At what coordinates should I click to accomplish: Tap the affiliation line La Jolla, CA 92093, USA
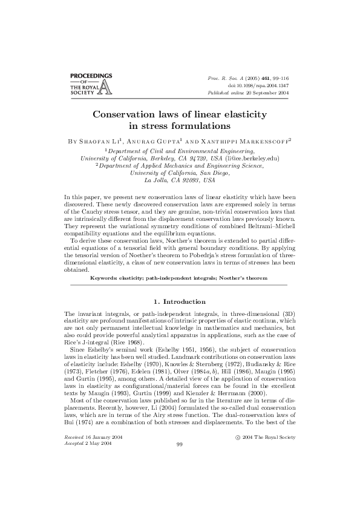point(180,180)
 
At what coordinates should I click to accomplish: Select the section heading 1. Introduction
point(180,301)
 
